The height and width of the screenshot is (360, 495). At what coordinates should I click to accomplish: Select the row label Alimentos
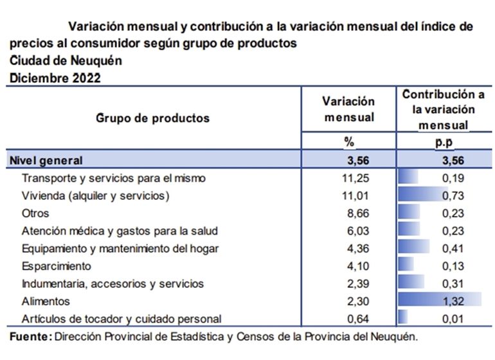[x=46, y=301]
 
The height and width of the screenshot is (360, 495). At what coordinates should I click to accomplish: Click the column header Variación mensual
[x=348, y=109]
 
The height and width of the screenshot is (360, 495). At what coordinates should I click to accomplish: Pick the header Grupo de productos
[x=153, y=118]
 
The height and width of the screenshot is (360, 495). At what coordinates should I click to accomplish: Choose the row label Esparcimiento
[x=57, y=266]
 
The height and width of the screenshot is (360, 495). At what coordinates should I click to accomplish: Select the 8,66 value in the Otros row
[x=359, y=213]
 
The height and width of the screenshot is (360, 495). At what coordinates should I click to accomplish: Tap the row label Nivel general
[x=47, y=160]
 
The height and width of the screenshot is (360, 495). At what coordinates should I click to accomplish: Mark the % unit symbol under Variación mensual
[x=350, y=142]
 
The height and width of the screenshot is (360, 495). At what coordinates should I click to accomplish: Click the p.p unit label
[x=444, y=142]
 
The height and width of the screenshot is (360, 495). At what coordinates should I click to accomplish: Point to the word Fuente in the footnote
[x=30, y=336]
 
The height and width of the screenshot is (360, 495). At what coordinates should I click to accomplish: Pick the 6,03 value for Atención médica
[x=359, y=231]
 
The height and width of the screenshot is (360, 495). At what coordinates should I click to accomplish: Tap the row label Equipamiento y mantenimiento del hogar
[x=120, y=249]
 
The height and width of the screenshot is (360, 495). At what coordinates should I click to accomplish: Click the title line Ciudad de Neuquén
[x=66, y=61]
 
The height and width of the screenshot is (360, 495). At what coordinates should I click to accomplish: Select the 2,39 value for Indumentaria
[x=359, y=283]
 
